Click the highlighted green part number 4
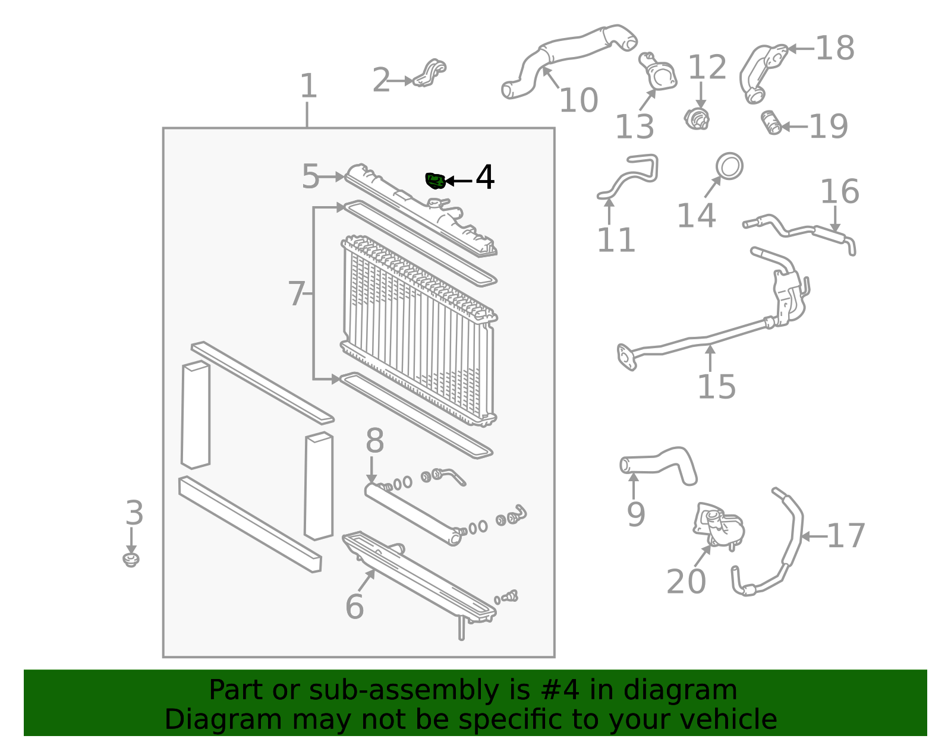pyautogui.click(x=436, y=181)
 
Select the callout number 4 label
pyautogui.click(x=485, y=177)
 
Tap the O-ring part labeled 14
pyautogui.click(x=729, y=166)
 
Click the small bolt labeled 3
pyautogui.click(x=131, y=560)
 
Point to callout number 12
pyautogui.click(x=707, y=67)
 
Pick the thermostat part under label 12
pyautogui.click(x=697, y=119)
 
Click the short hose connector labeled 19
pyautogui.click(x=771, y=123)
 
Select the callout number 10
pyautogui.click(x=578, y=100)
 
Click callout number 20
pyautogui.click(x=686, y=582)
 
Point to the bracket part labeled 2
pyautogui.click(x=430, y=72)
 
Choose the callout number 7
pyautogui.click(x=296, y=293)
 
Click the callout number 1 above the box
pyautogui.click(x=308, y=86)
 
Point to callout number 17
pyautogui.click(x=846, y=536)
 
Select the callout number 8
pyautogui.click(x=374, y=441)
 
